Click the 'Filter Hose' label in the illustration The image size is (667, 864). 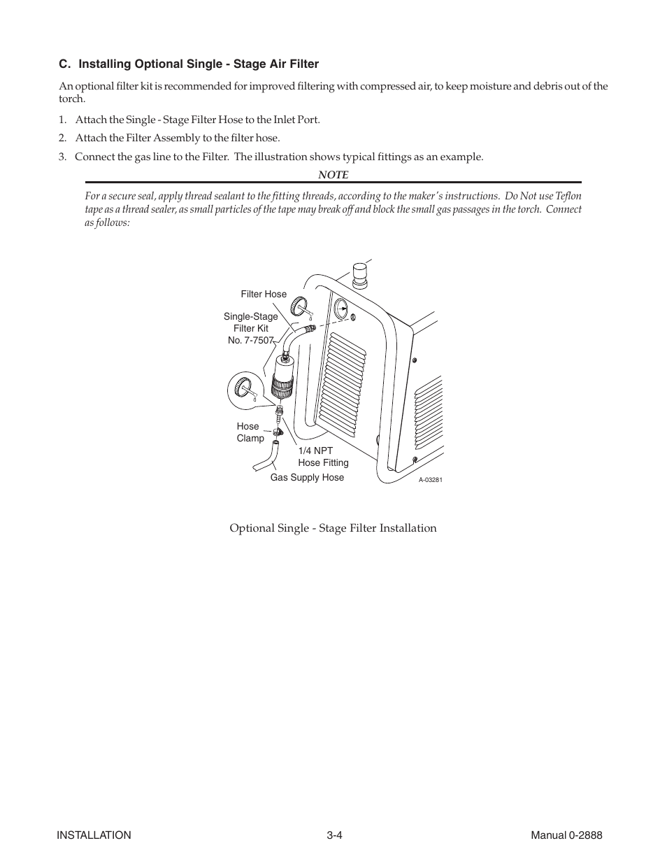point(264,295)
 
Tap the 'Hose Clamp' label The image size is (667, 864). point(250,432)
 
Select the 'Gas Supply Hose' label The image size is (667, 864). point(307,478)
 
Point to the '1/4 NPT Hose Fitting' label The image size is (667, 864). point(322,457)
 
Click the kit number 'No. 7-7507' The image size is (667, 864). point(250,340)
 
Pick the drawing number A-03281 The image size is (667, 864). point(431,480)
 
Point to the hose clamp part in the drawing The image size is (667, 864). point(278,433)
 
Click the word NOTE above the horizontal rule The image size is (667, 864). point(333,175)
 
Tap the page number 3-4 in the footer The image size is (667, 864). point(333,835)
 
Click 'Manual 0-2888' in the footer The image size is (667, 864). point(566,835)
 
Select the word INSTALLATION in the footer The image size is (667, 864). point(94,835)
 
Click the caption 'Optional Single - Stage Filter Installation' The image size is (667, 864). point(333,528)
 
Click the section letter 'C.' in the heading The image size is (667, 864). point(65,64)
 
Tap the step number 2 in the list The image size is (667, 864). point(62,138)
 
